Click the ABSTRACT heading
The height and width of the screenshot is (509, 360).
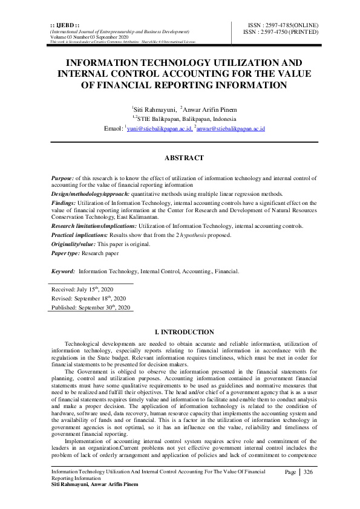click(184, 158)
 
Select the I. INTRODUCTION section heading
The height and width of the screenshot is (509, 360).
click(184, 332)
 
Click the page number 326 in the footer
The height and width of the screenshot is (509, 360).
click(308, 472)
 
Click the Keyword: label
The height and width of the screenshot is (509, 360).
click(63, 271)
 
